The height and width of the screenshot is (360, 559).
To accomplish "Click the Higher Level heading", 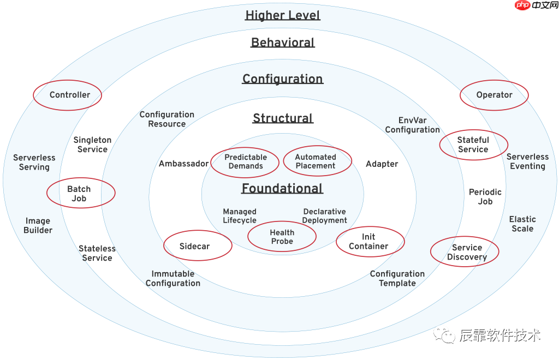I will pos(283,15).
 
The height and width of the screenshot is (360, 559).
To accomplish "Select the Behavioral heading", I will pos(283,43).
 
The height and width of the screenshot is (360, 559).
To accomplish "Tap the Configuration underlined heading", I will pos(283,79).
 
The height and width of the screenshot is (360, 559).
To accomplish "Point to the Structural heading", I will pos(283,118).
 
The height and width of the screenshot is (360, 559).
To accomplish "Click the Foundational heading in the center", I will pos(282,189).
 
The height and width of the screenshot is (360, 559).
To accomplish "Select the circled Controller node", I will pos(68,95).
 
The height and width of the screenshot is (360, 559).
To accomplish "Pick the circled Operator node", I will pos(494,95).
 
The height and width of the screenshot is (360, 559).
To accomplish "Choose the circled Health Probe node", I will pos(282,237).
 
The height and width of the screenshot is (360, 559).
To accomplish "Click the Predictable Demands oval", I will pos(245,161).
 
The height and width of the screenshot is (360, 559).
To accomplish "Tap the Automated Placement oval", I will pos(317,161).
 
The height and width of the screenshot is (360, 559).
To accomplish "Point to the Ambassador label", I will pos(184,164).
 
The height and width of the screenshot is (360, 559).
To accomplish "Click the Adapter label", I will pos(382,164).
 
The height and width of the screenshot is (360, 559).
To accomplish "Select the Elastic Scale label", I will pos(522,224).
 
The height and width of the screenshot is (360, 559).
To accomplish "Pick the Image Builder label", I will pos(38,225).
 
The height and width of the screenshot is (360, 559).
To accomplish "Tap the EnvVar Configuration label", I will pos(412,125).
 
